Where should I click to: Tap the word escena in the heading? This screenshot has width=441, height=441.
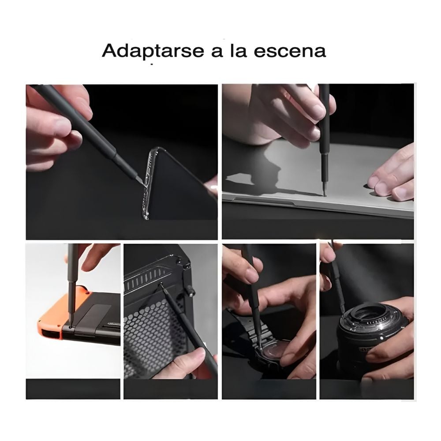coord(290,51)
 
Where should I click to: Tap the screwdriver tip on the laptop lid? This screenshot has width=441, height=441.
coord(325,194)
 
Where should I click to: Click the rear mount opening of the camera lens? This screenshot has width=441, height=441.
coord(365,312)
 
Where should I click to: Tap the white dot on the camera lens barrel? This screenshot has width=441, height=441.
coord(382,336)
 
